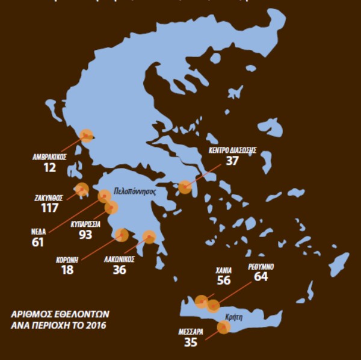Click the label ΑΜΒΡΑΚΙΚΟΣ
point(49,155)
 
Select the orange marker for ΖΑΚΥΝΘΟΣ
point(82,189)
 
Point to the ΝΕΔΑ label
point(37,231)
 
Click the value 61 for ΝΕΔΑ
point(37,242)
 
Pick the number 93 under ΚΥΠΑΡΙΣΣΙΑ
point(85,234)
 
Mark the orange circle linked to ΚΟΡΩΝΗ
point(122,235)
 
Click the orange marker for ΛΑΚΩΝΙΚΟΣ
point(149,237)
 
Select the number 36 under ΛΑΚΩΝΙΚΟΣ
point(120,270)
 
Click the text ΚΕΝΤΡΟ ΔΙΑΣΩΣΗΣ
point(232,150)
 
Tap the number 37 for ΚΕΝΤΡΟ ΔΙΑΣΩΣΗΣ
point(232,161)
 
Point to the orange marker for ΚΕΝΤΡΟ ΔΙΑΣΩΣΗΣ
point(185,187)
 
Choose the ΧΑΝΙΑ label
point(224,270)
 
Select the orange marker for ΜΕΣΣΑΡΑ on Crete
point(223,327)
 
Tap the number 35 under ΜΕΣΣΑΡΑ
point(190,343)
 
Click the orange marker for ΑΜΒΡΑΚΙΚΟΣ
point(87,135)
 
